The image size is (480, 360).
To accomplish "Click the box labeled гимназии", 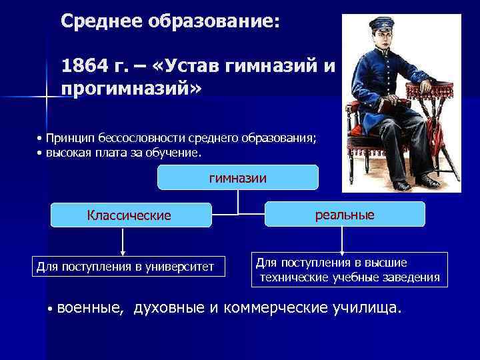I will point(238,177).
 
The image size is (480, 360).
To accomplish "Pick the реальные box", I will point(345,214).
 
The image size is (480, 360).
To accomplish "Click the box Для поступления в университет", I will point(125,267).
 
